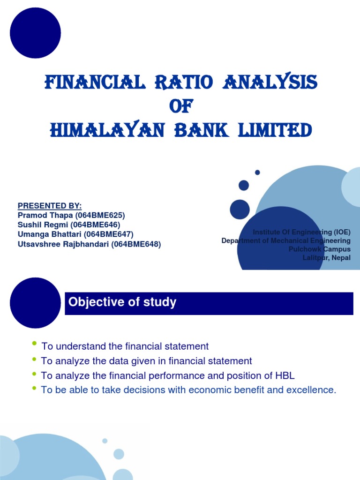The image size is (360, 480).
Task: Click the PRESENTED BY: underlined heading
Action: (x=50, y=206)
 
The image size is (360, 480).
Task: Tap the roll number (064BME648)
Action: (x=136, y=244)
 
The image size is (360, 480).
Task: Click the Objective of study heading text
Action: (x=122, y=302)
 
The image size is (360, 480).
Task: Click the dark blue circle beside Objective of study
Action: (x=36, y=303)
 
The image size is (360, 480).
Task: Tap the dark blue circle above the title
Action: (x=35, y=33)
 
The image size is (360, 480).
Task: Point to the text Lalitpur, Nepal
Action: (x=326, y=258)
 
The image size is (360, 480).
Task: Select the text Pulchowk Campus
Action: (x=319, y=249)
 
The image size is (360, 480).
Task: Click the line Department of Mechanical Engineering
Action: (x=286, y=240)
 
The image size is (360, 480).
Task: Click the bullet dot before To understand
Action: (x=34, y=345)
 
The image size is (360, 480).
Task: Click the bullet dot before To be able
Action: (x=34, y=389)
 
